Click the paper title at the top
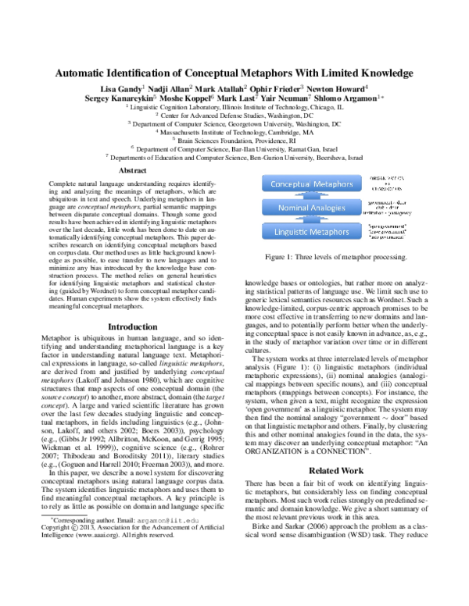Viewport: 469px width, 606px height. tap(234, 73)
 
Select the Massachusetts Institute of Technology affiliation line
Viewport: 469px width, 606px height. tap(234, 132)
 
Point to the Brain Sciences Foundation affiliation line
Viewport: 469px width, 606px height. tap(234, 140)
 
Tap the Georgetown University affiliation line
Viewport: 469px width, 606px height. tap(234, 123)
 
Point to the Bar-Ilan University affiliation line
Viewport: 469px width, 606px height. tap(234, 148)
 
